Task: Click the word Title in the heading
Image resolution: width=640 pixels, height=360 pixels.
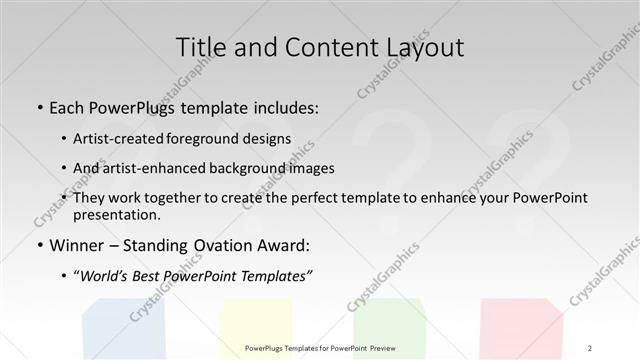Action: [x=201, y=48]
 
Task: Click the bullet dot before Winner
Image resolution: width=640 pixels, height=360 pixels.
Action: [x=38, y=246]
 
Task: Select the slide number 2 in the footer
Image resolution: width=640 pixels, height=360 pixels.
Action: [x=590, y=348]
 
